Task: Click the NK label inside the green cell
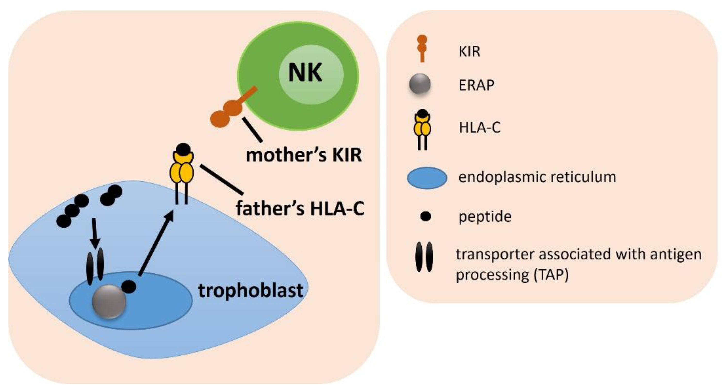coord(305,73)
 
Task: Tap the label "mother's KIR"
coord(304,155)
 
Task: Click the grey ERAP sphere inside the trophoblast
coord(109,302)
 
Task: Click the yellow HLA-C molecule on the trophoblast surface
coord(182,168)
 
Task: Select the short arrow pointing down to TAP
coord(95,233)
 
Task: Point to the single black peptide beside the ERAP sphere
coord(129,286)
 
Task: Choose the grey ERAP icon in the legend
coord(420,84)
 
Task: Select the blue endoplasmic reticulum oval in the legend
coord(427,178)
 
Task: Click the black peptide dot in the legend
coord(425,217)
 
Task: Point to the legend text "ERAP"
coord(476,85)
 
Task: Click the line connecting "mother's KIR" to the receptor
coord(252,130)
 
